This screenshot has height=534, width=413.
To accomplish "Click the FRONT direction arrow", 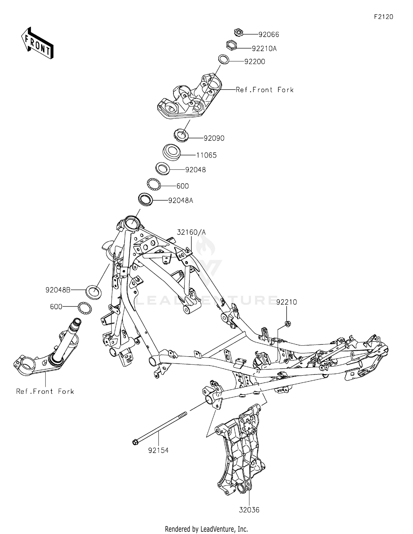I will [x=37, y=43].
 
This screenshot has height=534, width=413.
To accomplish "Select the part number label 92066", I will [x=268, y=35].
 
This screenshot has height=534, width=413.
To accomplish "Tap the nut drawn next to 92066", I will [x=238, y=33].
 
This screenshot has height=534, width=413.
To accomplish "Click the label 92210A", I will [x=264, y=49].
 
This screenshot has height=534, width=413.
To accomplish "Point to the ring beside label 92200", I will [x=224, y=60].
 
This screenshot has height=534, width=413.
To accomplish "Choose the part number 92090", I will [x=214, y=138].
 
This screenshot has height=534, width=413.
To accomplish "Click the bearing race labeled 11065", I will [x=172, y=152].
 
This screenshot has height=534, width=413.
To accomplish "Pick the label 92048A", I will [x=181, y=201].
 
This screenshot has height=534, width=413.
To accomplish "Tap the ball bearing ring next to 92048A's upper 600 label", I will [x=154, y=184].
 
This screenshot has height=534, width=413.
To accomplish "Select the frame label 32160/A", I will [x=191, y=233].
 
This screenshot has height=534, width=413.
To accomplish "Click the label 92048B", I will [x=58, y=290].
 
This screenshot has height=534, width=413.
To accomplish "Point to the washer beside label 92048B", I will [x=94, y=292].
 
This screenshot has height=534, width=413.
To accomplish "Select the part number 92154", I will [x=158, y=451].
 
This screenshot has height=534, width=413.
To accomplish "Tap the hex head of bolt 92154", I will [x=135, y=443].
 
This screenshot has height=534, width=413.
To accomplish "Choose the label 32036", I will [x=249, y=510].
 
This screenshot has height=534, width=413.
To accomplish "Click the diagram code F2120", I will [x=383, y=17].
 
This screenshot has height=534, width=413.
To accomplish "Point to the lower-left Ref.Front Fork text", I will [x=45, y=392].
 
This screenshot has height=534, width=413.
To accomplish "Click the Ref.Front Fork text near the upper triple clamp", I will [x=265, y=90].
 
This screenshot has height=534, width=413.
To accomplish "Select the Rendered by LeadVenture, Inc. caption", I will [x=206, y=529].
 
